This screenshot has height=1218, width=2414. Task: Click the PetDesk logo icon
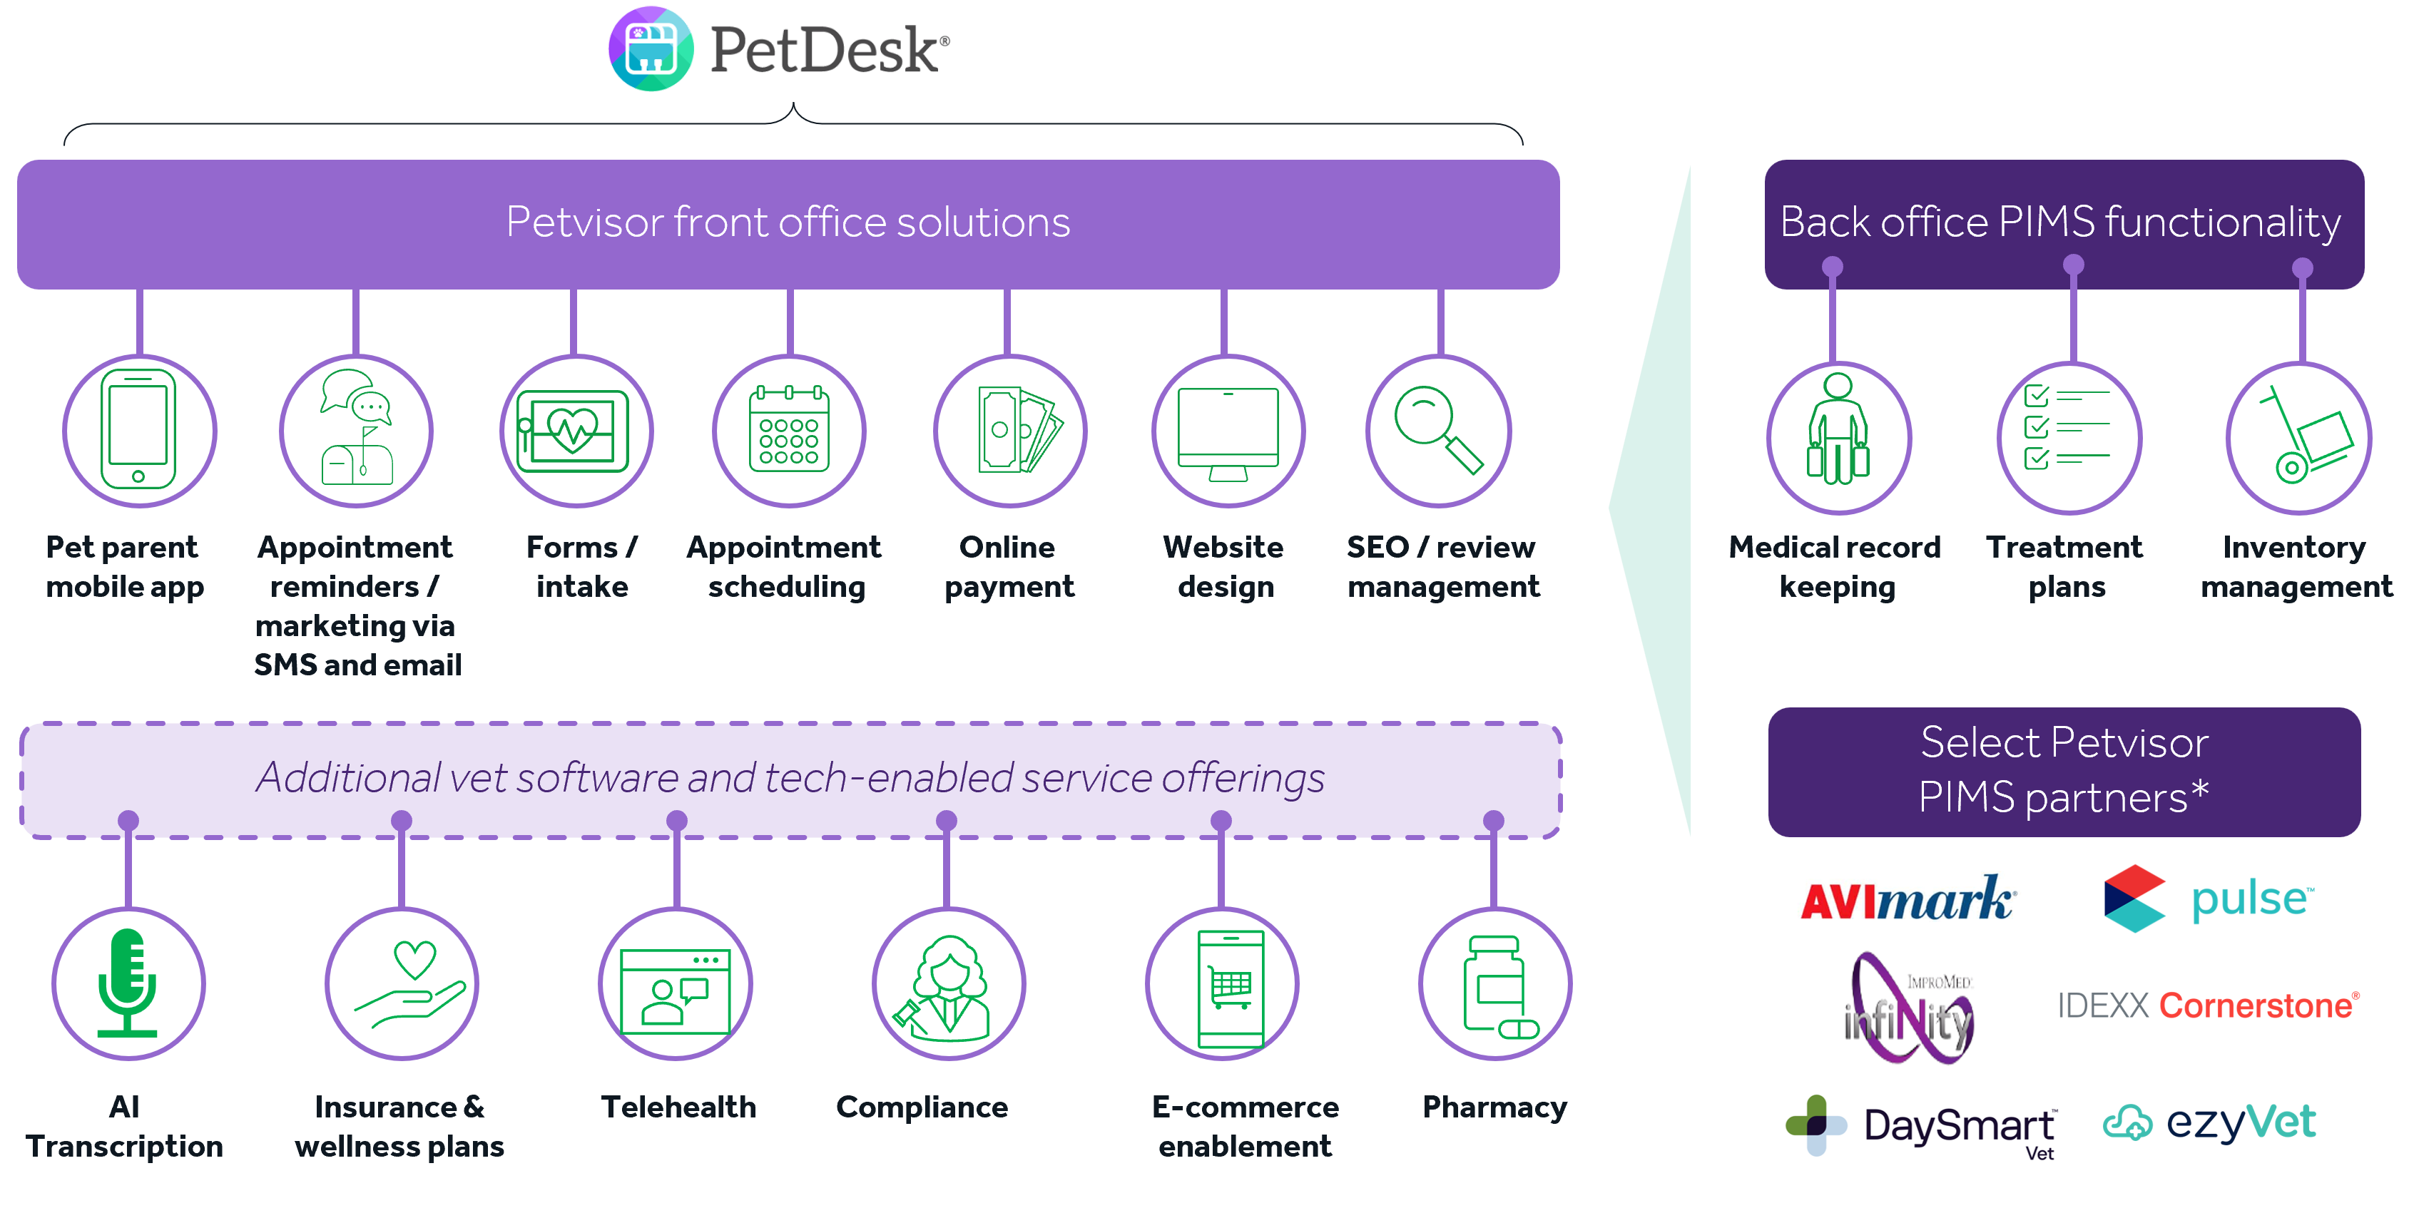tap(651, 48)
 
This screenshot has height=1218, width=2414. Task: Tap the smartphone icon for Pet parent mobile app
tap(138, 430)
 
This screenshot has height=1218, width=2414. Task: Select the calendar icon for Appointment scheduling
tap(789, 430)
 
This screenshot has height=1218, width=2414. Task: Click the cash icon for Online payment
tap(1010, 430)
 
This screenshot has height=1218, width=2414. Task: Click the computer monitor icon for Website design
tap(1228, 430)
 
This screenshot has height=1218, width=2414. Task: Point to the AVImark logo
tap(1909, 898)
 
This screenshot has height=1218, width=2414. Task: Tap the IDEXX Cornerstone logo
tap(2208, 1005)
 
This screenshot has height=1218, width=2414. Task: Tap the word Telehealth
tap(678, 1107)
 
